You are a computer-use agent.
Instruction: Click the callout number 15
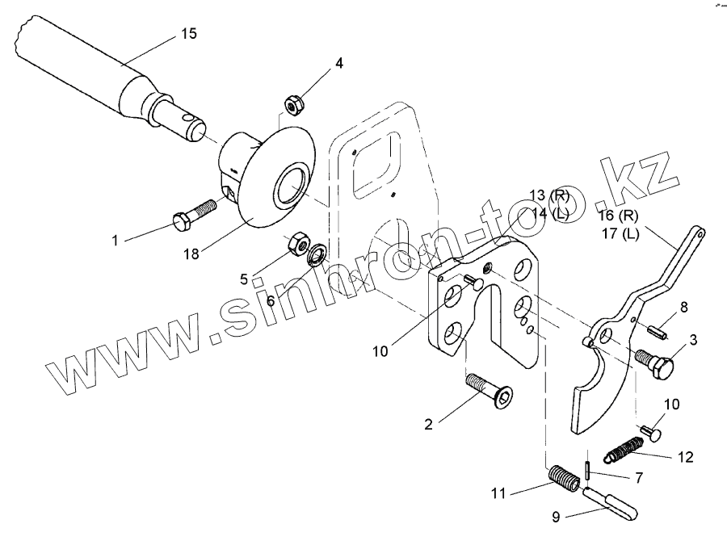coord(188,34)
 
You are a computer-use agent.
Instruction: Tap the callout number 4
coord(339,62)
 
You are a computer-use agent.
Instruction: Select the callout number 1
coord(115,240)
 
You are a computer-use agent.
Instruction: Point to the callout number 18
coord(191,254)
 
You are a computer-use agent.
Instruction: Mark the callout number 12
coord(685,457)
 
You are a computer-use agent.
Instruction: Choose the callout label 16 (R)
coord(620,217)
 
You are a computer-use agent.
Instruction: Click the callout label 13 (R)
coord(548,196)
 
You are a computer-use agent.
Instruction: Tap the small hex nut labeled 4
coord(292,103)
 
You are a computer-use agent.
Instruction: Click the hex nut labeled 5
coord(298,241)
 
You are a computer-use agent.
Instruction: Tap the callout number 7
coord(638,478)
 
